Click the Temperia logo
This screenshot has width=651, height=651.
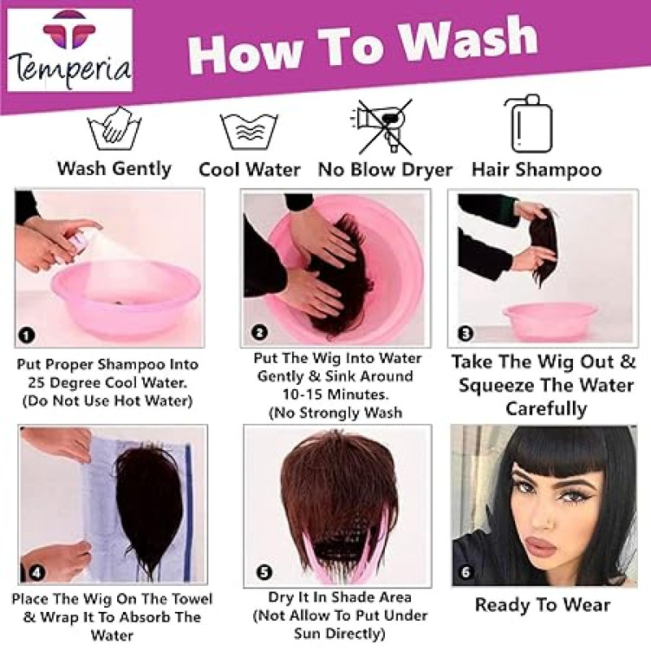pos(70,50)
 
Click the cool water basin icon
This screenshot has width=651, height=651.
pos(249,131)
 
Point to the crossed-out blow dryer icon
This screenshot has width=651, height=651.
pos(382,127)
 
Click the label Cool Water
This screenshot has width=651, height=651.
pos(250,170)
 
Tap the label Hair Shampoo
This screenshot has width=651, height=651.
pos(536,170)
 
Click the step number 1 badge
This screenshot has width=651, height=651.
pos(27,334)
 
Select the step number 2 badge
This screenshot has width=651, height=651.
pos(260,332)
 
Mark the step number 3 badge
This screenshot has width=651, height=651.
pos(465,334)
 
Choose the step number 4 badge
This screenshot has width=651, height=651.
pos(37,573)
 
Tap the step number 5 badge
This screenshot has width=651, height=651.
pos(264,573)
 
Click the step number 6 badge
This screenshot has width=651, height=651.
pos(465,573)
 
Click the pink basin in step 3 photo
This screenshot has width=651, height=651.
pos(550,321)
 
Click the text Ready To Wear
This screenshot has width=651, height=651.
pos(542,605)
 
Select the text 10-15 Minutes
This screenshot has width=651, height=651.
pos(335,394)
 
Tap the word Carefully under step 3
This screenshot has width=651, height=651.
pos(546,409)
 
